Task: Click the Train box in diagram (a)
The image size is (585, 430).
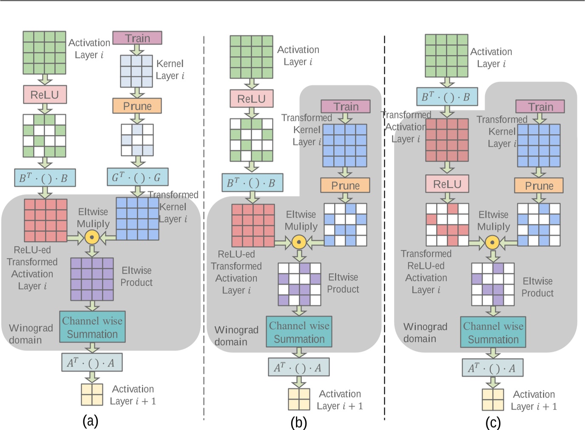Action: click(x=137, y=38)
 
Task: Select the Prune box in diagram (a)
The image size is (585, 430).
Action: click(x=137, y=106)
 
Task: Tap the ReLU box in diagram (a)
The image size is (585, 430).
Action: click(x=45, y=95)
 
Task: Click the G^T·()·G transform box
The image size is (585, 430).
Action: click(x=137, y=177)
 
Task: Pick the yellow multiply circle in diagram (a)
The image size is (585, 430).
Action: click(x=92, y=237)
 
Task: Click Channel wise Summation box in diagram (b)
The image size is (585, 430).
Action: click(x=299, y=332)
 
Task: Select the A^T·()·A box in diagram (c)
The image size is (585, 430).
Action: click(x=492, y=368)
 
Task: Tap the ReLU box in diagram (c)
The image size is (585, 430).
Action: click(x=447, y=184)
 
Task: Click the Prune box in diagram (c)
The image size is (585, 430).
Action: click(x=539, y=186)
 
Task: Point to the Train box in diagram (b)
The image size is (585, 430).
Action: click(x=345, y=106)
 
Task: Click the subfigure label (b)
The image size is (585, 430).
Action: click(x=298, y=422)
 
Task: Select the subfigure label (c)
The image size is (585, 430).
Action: click(x=493, y=422)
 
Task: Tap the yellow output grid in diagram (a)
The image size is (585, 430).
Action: click(x=92, y=394)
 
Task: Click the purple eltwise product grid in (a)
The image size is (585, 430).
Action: click(x=92, y=279)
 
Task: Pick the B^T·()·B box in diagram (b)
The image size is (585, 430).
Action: click(x=252, y=183)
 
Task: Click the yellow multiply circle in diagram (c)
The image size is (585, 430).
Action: click(x=492, y=243)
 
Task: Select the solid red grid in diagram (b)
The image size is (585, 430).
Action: click(x=253, y=225)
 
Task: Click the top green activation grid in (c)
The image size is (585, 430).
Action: click(x=446, y=56)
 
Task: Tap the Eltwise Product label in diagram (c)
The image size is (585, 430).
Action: click(x=537, y=287)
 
